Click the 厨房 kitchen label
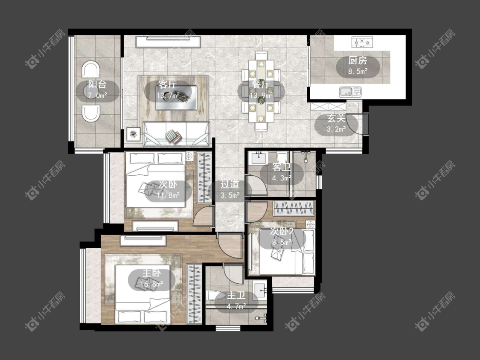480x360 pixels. [358, 61]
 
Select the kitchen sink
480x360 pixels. [350, 92]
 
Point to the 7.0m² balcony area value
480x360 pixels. [97, 95]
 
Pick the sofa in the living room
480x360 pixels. [176, 134]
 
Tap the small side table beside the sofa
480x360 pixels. [134, 134]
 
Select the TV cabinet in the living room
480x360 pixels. [169, 42]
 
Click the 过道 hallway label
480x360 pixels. [230, 184]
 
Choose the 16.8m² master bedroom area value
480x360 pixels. [151, 285]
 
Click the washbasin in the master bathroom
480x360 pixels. [261, 290]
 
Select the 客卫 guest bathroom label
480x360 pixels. [281, 167]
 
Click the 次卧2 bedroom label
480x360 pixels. [282, 232]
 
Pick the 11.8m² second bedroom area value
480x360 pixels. [168, 195]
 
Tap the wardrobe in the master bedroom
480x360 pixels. [194, 294]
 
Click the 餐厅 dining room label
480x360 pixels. [261, 84]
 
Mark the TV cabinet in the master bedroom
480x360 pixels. [143, 241]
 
